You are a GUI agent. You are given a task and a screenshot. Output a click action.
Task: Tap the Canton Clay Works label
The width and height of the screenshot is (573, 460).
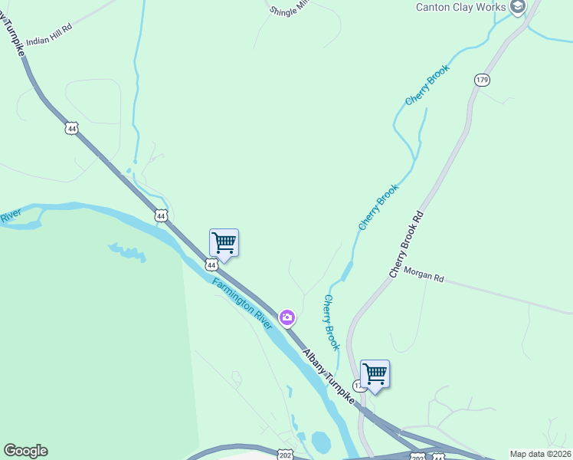click(460, 7)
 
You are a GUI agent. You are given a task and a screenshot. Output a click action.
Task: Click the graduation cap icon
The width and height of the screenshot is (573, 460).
click(518, 7)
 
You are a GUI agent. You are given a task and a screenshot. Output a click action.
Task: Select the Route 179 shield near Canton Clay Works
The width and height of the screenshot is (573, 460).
click(481, 80)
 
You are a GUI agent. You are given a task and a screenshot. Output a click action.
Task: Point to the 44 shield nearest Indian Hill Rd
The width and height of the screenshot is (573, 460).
click(71, 129)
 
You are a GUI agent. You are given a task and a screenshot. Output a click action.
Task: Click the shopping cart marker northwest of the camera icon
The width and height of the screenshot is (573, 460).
click(224, 243)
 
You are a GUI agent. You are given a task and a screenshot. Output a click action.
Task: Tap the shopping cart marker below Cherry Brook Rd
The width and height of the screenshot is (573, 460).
click(375, 374)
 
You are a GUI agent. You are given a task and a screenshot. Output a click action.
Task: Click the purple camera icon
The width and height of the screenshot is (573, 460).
click(287, 317)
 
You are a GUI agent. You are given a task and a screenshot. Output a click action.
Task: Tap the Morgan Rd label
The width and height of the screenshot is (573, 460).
click(424, 274)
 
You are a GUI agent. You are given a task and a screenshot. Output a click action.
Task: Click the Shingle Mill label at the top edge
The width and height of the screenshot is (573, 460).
click(287, 8)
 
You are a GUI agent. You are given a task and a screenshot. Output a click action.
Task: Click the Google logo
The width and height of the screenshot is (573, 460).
click(25, 451)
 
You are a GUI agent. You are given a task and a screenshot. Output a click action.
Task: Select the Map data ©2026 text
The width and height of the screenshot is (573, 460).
click(539, 454)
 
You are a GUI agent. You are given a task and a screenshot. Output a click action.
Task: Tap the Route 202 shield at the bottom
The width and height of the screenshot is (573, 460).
click(285, 454)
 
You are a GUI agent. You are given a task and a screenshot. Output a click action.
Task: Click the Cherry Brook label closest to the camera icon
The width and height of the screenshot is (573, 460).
click(331, 323)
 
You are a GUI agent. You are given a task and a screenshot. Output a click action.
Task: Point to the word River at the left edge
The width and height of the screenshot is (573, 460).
click(10, 219)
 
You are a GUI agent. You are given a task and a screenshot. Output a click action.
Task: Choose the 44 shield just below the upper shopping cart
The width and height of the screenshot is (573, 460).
click(211, 264)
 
